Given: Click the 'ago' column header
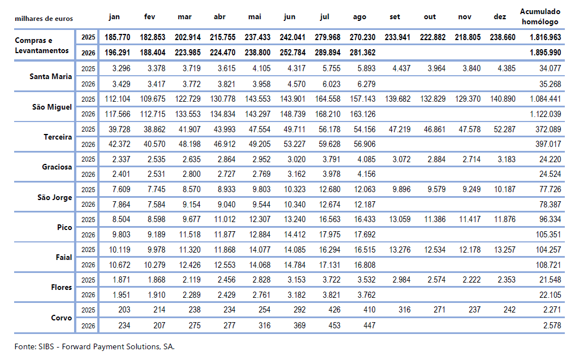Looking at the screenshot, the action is coord(359,18).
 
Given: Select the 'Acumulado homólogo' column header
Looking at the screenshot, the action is coord(540,16).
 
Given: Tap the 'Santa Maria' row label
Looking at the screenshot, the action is coord(51,76).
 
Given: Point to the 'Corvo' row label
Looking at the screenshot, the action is coord(62,318).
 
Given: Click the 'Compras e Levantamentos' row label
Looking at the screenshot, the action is coord(42,45).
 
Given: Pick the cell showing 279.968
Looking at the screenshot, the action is coord(327,37).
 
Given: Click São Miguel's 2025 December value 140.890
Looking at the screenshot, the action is coord(503,99).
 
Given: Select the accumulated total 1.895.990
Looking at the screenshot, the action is coord(545,53).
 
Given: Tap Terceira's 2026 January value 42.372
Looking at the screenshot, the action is coord(119,144).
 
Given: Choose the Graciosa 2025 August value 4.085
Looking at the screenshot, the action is coord(366,159).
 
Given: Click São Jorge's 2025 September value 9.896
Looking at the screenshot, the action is coord(401,189).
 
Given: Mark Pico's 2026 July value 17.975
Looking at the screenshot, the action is coord(330,235).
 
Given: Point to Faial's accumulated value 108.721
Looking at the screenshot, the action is coord(548,265).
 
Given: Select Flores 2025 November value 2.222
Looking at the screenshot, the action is coord(472,280).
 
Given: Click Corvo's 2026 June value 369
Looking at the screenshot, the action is coord(299,326).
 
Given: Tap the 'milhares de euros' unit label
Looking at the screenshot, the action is coord(44,19).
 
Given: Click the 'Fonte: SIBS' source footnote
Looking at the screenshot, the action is coord(94,346).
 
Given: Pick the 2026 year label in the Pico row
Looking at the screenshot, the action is coord(88,235).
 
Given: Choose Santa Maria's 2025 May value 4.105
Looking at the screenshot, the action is coord(261,68).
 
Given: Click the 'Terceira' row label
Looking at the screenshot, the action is coord(58,137).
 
